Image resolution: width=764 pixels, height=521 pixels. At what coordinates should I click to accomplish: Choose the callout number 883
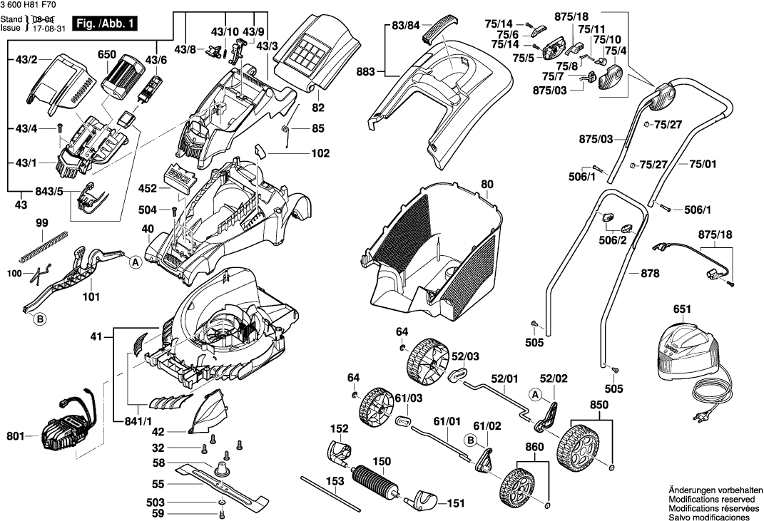pyautogui.click(x=365, y=71)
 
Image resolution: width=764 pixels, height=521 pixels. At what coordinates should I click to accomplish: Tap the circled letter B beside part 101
pyautogui.click(x=40, y=320)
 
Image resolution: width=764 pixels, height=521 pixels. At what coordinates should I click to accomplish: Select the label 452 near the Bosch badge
pyautogui.click(x=148, y=190)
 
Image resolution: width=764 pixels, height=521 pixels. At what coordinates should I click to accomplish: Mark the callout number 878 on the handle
pyautogui.click(x=650, y=273)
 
